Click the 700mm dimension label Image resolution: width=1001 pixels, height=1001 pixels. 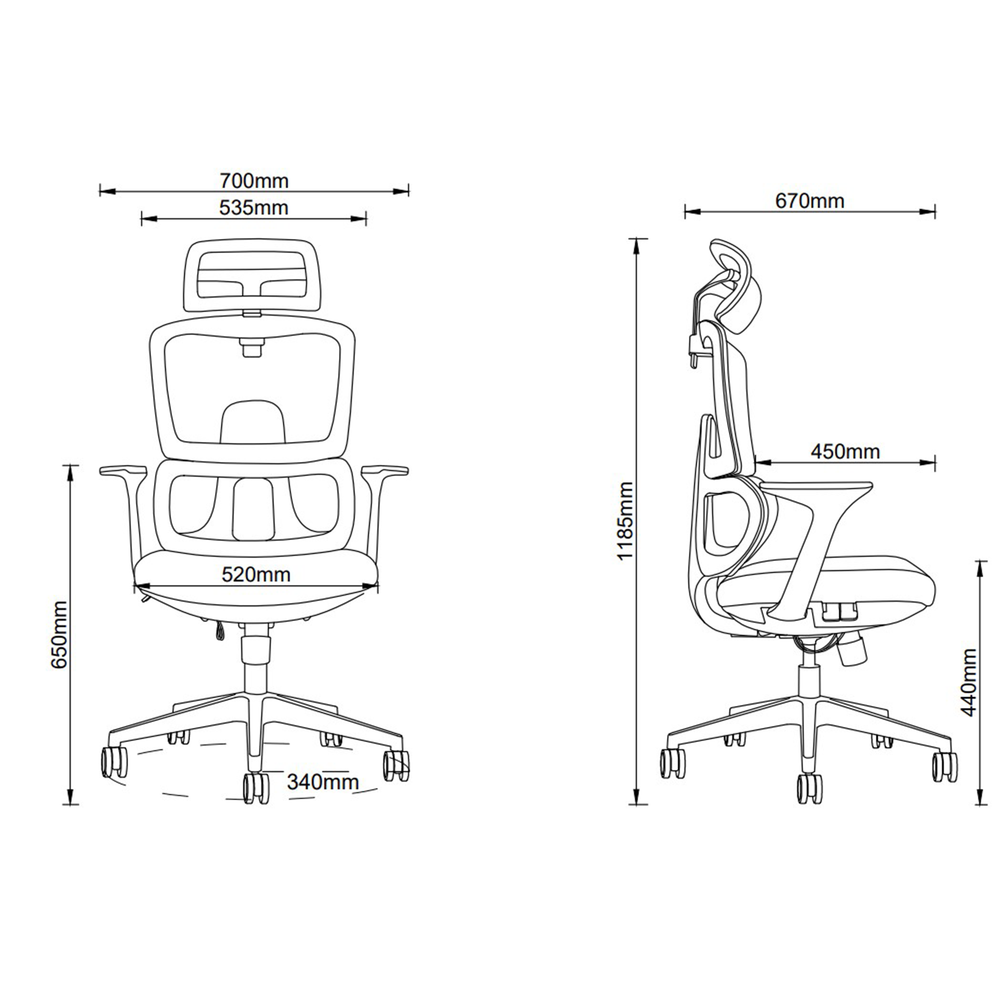pos(254,181)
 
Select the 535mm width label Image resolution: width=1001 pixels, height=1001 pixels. pos(253,208)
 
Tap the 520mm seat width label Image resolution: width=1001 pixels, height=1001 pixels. pos(256,575)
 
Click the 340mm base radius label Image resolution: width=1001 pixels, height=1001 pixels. pos(323,782)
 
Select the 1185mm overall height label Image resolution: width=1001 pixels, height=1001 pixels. pos(625,520)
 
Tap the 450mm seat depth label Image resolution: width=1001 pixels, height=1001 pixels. pos(846,452)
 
